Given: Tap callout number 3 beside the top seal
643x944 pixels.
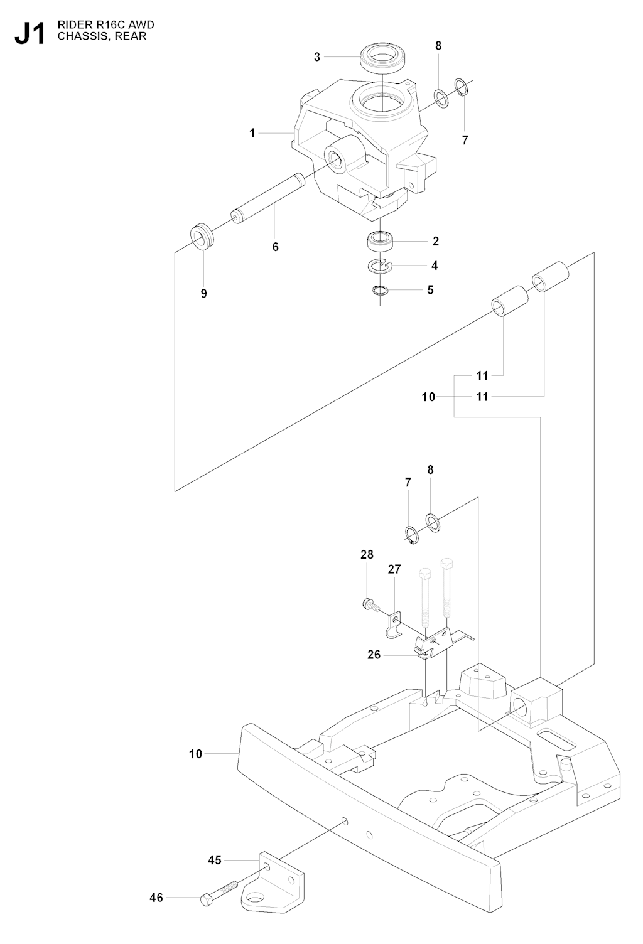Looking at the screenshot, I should pyautogui.click(x=317, y=57).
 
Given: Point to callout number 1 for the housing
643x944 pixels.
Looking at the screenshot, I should pyautogui.click(x=252, y=133).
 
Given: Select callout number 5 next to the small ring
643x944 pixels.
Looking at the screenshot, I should pyautogui.click(x=430, y=290).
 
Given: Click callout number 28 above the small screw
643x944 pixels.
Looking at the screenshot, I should pyautogui.click(x=367, y=554).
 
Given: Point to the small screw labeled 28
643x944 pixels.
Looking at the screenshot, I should pyautogui.click(x=370, y=605).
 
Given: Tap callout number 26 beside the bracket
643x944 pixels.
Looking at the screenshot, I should pyautogui.click(x=374, y=655).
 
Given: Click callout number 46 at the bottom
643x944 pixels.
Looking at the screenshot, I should pyautogui.click(x=156, y=898).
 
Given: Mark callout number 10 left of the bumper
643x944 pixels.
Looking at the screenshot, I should pyautogui.click(x=196, y=753).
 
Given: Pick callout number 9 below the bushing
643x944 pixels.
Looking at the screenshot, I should pyautogui.click(x=203, y=293).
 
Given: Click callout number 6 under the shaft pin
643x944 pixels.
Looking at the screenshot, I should pyautogui.click(x=275, y=247).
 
